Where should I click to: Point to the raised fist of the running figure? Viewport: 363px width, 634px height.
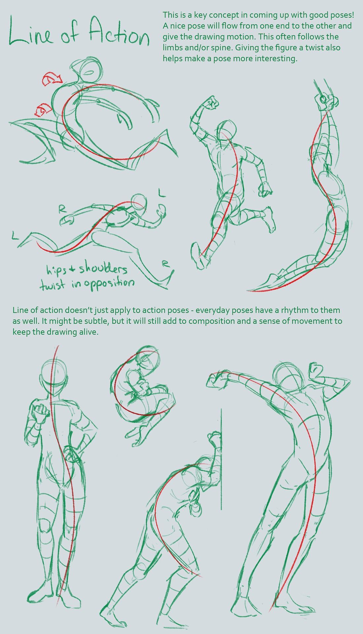pyautogui.click(x=210, y=103)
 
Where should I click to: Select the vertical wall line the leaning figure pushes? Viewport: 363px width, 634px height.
pyautogui.click(x=221, y=462)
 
